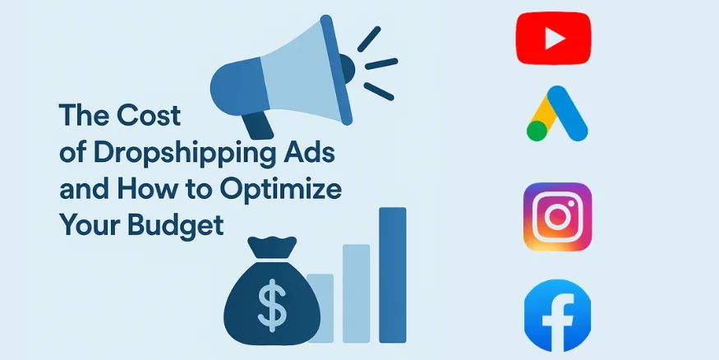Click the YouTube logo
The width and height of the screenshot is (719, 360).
pos(553,38)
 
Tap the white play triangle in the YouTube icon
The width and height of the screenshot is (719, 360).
pos(555,38)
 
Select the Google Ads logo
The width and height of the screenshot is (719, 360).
pos(558,114)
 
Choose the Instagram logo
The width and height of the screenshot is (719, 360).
pos(557,216)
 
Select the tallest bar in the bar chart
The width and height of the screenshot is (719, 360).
pos(393,275)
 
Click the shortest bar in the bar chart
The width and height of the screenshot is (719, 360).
pos(320,307)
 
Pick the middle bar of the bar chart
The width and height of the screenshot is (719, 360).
pos(357,293)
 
